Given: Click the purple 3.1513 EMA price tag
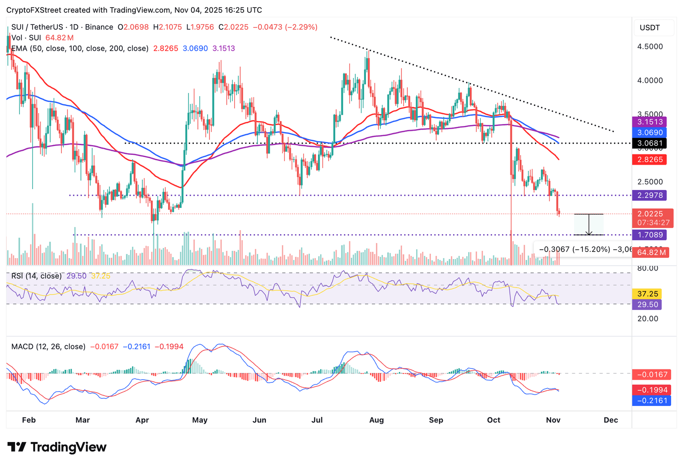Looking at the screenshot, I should [x=650, y=122].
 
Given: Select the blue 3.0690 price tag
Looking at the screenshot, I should [x=650, y=133].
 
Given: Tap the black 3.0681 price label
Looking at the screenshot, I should [x=650, y=143].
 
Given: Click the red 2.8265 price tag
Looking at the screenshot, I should [x=650, y=160].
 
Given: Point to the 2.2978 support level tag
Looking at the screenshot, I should [x=650, y=195].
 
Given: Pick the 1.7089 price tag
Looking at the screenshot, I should [x=650, y=235].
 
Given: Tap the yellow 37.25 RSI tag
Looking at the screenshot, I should [x=647, y=294].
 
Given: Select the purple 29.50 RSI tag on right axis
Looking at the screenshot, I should [x=647, y=304].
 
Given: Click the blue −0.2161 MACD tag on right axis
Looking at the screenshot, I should [x=652, y=401].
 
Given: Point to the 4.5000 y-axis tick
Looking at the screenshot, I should [x=650, y=47].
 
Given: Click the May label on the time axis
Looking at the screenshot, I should [x=200, y=420].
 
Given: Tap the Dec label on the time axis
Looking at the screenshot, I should [x=611, y=420].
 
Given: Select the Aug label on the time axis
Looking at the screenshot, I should [x=376, y=420].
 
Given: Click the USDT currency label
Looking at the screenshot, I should [x=650, y=28].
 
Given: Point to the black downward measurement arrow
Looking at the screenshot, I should [x=589, y=225].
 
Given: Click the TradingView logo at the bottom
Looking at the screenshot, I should [x=57, y=447].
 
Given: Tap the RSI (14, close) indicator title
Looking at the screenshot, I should [x=36, y=276].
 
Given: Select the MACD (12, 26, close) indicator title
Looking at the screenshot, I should [x=48, y=347].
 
